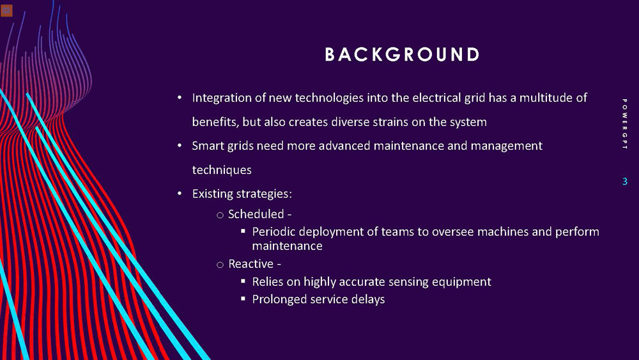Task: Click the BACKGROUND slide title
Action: coord(402,55)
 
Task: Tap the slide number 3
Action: coord(624,182)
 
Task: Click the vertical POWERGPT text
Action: coord(624,124)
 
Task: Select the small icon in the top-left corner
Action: coord(6,10)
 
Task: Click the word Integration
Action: coord(221,98)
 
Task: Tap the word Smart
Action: coord(207,146)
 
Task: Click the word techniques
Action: coord(222,170)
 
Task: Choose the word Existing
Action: coord(213,193)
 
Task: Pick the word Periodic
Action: coord(275,231)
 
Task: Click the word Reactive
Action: coord(250,263)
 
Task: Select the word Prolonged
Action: coord(280,299)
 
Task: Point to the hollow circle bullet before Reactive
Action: coord(220,265)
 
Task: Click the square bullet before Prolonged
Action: coord(243,299)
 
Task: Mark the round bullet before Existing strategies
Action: coord(180,194)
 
